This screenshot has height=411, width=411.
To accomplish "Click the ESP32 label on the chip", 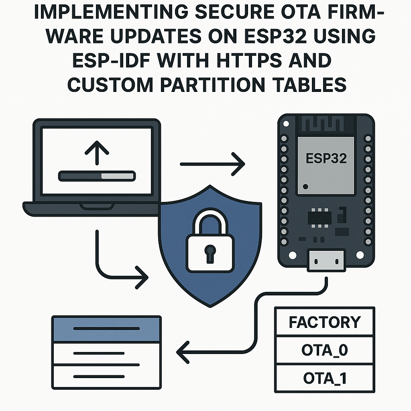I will point(326,158).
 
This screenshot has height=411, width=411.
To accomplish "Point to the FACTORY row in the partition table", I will point(325,322).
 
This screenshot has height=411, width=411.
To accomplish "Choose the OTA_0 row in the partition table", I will point(325,350).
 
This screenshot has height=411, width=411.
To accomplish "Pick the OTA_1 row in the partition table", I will point(325,378).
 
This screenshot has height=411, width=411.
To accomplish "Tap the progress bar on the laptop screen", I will point(96,175).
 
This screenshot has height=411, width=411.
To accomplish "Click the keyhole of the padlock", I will point(209,252).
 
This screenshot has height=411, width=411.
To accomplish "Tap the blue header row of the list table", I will point(107,329).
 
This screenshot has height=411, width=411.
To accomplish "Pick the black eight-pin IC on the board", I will point(319,217).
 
